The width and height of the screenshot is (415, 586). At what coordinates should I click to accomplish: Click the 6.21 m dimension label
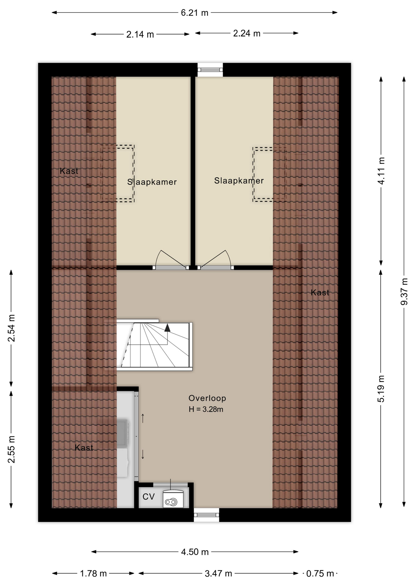click(194, 13)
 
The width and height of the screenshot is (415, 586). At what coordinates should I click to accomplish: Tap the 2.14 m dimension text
click(140, 34)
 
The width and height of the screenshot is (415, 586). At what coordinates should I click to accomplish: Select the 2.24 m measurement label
click(247, 33)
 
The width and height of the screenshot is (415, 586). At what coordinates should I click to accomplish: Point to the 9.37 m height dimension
click(404, 291)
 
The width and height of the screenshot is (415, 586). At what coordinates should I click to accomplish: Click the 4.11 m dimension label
click(381, 171)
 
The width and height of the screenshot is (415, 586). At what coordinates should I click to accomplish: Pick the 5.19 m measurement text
click(381, 389)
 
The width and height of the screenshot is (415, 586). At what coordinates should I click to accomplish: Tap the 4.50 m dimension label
click(195, 552)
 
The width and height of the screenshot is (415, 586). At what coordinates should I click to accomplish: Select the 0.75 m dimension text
click(320, 573)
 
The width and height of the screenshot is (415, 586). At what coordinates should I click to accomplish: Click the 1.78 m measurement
click(93, 573)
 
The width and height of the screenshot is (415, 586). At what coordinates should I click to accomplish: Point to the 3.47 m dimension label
click(218, 573)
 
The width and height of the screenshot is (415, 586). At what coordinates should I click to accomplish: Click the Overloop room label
click(207, 398)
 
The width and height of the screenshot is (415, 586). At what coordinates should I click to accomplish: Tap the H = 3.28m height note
click(206, 409)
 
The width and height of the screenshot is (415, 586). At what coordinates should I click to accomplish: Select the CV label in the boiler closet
click(149, 497)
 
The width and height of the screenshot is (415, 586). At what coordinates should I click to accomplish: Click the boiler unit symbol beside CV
click(173, 499)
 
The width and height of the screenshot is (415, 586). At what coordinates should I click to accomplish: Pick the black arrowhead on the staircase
click(167, 328)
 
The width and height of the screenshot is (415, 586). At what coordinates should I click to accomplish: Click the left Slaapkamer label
click(152, 182)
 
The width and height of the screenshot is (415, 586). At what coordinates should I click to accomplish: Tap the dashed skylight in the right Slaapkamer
click(269, 174)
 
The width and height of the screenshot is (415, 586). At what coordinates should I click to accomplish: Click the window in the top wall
click(210, 70)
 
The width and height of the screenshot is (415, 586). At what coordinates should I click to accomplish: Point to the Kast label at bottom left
click(84, 447)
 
